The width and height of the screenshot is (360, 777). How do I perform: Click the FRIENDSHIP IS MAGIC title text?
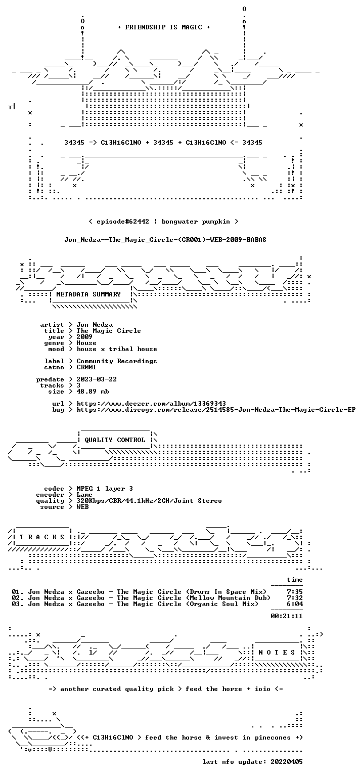click(x=164, y=27)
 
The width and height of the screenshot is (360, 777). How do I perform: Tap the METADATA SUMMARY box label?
click(x=88, y=294)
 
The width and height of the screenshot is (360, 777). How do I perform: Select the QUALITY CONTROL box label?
click(x=115, y=440)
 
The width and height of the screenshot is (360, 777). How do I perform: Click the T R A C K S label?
click(x=42, y=537)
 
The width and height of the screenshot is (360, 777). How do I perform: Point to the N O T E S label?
click(x=277, y=653)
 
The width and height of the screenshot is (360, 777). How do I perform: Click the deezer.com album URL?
click(x=151, y=404)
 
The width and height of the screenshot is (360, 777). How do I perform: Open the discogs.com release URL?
click(x=216, y=410)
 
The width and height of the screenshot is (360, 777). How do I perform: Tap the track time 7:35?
click(x=295, y=592)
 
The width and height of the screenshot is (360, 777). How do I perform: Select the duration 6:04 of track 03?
click(x=295, y=604)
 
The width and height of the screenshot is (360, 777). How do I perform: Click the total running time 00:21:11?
click(x=287, y=616)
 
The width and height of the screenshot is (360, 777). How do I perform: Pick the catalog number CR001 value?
click(x=86, y=367)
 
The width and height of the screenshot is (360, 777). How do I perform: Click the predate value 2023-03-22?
click(x=97, y=379)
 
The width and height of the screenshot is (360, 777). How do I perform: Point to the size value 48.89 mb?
click(x=93, y=391)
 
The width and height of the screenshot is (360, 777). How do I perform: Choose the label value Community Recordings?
click(x=117, y=361)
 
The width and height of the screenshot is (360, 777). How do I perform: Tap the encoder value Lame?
click(x=84, y=495)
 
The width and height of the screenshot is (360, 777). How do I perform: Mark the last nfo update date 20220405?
click(x=287, y=762)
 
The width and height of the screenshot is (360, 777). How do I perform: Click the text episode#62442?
click(x=123, y=222)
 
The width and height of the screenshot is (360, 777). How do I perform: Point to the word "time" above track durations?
click(x=295, y=580)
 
